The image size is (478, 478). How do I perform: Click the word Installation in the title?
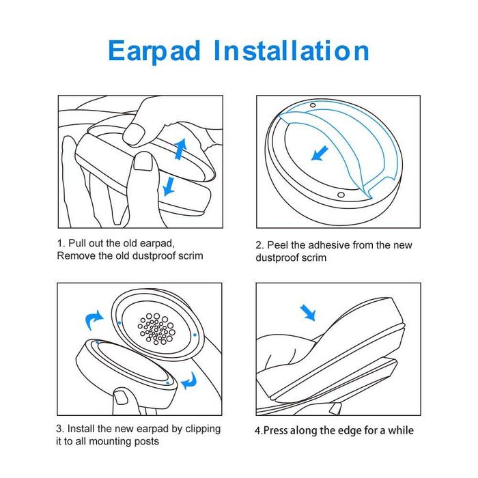click(292, 51)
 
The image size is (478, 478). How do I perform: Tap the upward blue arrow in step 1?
click(181, 148)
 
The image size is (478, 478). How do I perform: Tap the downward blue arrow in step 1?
click(169, 183)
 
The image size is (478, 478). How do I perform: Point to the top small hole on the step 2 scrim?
click(312, 107)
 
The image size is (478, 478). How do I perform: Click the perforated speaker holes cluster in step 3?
click(156, 329)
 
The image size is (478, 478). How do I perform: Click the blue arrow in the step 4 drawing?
click(309, 313)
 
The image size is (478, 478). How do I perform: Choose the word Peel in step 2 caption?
click(278, 245)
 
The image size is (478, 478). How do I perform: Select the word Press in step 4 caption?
click(280, 431)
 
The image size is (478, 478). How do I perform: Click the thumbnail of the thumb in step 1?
click(143, 162)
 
